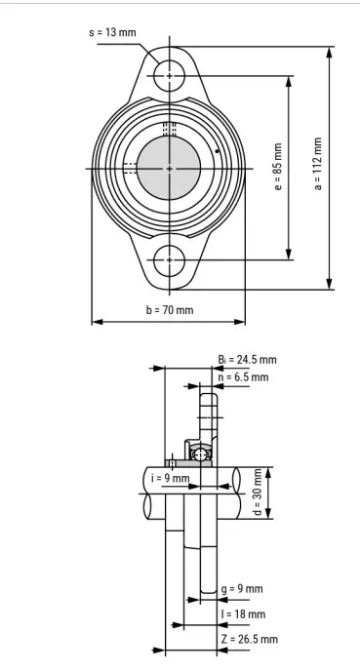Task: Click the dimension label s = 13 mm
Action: tap(112, 32)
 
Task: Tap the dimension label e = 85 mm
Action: tap(278, 167)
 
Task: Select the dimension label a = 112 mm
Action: tap(318, 164)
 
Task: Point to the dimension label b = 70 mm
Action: tap(170, 309)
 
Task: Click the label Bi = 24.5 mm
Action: tap(247, 360)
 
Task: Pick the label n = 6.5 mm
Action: tap(243, 377)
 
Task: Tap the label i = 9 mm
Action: tap(170, 478)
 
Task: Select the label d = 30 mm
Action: tap(257, 493)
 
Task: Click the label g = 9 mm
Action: tap(242, 589)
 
